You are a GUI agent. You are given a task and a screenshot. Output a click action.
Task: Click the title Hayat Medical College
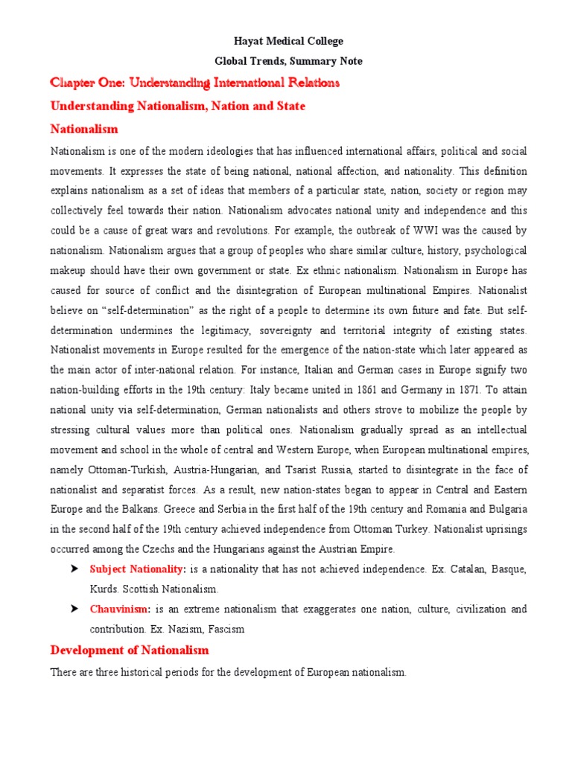(x=286, y=42)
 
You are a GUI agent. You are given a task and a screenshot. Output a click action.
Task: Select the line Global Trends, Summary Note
(x=286, y=61)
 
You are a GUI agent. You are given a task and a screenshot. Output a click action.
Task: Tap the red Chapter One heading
(x=194, y=83)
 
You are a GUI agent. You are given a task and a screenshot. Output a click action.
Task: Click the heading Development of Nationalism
(x=130, y=650)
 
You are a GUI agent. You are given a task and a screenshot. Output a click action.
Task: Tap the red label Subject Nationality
(x=137, y=569)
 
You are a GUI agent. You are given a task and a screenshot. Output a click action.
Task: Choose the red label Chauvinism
(x=118, y=609)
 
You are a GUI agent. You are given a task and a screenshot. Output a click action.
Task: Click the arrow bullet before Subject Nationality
(x=74, y=569)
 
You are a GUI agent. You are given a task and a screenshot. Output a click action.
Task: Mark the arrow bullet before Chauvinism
(x=74, y=609)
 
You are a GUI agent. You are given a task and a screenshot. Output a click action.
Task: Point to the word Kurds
(x=104, y=589)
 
